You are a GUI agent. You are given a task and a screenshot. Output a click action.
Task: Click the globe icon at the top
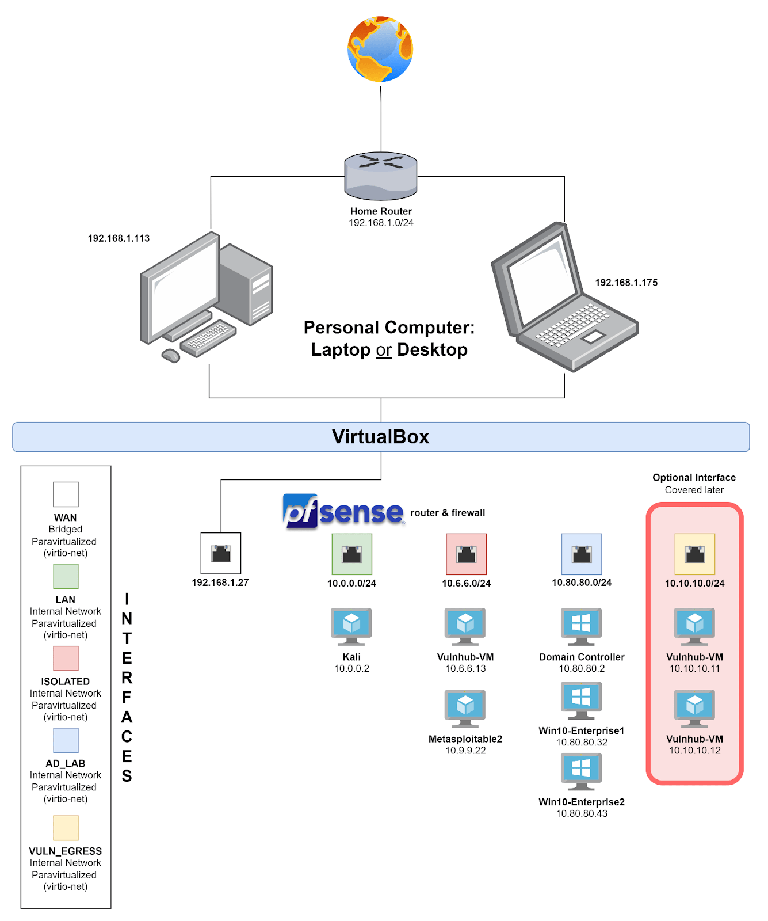tap(380, 50)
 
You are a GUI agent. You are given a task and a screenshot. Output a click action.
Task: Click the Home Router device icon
tap(381, 176)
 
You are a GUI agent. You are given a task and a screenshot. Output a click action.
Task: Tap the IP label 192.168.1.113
tap(119, 238)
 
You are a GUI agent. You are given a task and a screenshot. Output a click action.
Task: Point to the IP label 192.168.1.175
tap(626, 283)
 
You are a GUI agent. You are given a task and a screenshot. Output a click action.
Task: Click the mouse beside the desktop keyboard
tap(171, 356)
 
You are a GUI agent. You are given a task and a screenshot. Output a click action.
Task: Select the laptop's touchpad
tap(593, 337)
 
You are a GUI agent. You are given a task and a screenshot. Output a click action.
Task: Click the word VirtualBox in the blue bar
tap(380, 437)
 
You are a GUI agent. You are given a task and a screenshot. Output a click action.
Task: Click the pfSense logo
tap(343, 511)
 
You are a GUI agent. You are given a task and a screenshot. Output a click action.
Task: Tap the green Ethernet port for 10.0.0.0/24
tap(351, 554)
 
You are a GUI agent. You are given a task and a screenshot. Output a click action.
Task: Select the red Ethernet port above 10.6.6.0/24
tap(466, 554)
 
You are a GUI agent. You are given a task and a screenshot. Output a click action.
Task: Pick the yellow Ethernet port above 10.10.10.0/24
tap(694, 554)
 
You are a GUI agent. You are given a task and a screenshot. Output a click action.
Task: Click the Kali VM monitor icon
tap(351, 626)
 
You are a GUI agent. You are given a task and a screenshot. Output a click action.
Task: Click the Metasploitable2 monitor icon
tap(465, 708)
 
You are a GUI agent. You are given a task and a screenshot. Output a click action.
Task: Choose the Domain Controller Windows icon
tap(581, 626)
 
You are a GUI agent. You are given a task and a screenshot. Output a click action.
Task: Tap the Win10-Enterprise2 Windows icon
tap(581, 771)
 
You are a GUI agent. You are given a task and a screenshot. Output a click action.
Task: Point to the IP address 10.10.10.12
tap(694, 751)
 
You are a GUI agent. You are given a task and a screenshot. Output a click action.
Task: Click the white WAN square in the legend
tap(66, 494)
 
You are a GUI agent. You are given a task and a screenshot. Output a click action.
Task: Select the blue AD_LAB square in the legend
tap(66, 740)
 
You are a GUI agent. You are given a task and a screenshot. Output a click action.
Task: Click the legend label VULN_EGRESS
tap(66, 851)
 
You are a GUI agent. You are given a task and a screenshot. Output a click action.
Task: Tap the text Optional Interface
tap(694, 478)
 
